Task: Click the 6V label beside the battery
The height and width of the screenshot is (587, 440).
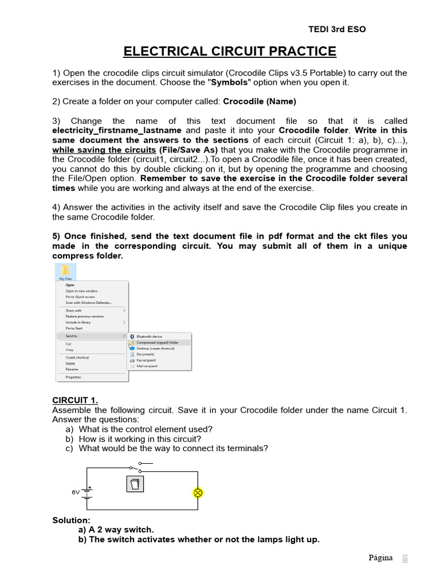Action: (76, 492)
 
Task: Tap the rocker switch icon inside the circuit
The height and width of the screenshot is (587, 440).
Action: (135, 484)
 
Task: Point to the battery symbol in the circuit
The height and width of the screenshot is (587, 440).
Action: (88, 492)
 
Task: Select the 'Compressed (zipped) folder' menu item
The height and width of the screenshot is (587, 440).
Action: (157, 342)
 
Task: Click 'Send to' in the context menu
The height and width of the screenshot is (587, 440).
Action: (72, 336)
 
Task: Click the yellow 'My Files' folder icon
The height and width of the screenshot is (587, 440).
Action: (65, 270)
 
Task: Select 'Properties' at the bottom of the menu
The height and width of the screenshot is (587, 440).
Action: (73, 377)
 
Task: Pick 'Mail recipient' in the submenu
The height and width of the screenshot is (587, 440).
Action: (147, 366)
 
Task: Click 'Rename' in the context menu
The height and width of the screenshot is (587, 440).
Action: (72, 369)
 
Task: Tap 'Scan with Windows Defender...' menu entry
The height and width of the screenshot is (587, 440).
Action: (89, 303)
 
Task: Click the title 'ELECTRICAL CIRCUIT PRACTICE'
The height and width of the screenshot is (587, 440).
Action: (230, 52)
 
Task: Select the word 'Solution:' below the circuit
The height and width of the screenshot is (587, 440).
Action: (71, 520)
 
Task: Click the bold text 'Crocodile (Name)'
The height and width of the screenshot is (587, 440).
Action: (259, 101)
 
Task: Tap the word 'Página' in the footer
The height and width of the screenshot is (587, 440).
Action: (380, 558)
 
